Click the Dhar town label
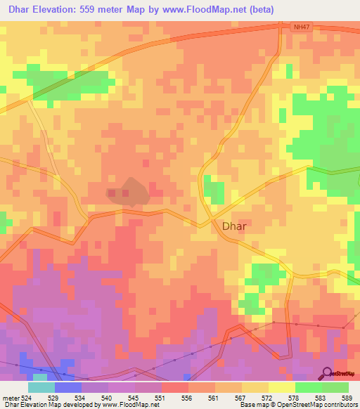pos(233,227)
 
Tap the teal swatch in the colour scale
pos(41,387)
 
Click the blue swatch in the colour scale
pos(67,387)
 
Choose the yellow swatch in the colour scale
pos(281,387)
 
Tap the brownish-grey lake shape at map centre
pos(127,191)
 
